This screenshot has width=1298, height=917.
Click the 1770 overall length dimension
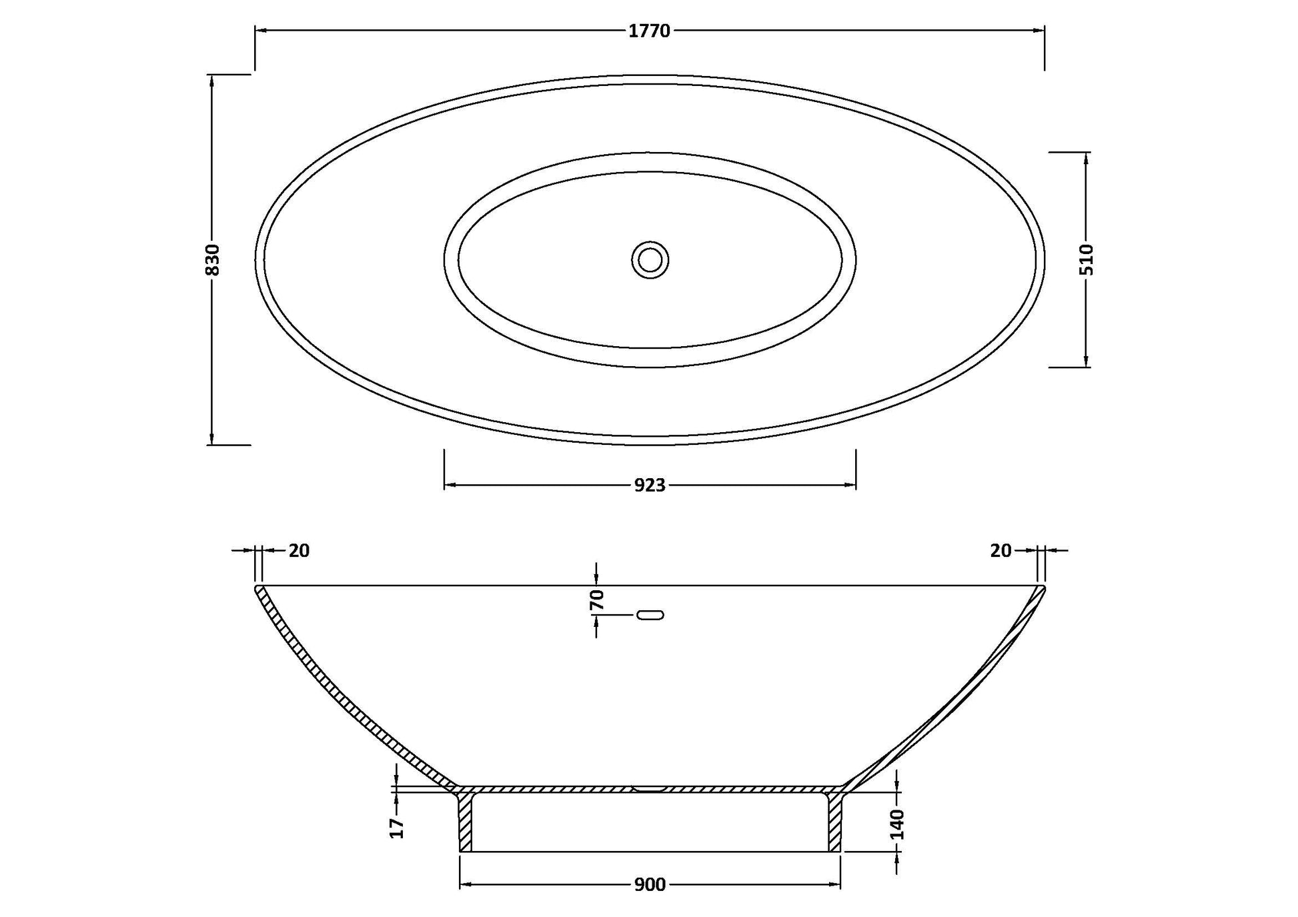pos(649,31)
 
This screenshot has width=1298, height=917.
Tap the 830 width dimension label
pos(212,259)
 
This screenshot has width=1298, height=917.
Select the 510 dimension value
pos(1087,259)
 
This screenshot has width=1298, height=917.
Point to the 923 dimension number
pos(650,486)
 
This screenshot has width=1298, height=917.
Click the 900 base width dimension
pos(650,884)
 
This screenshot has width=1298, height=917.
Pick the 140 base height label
pos(897,824)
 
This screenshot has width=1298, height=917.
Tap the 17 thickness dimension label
pos(397,828)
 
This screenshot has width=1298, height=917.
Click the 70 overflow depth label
pos(597,600)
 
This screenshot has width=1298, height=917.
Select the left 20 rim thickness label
pos(299,551)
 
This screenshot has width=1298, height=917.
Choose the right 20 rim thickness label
pos(1001,551)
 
